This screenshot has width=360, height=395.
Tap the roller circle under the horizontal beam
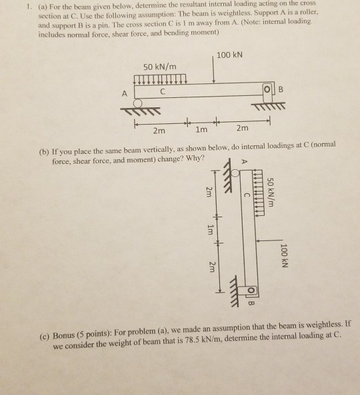coord(138,103)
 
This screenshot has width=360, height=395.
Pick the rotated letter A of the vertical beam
coord(243,160)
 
